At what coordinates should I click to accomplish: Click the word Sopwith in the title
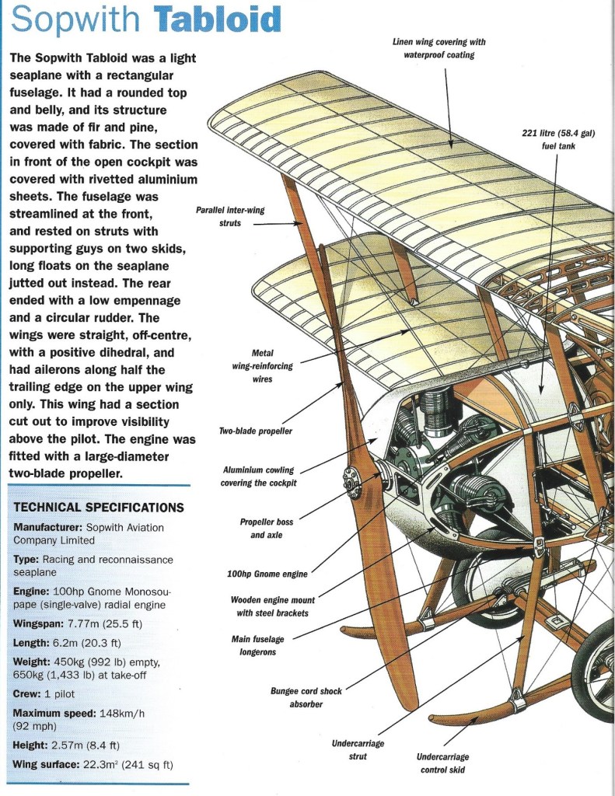pyautogui.click(x=79, y=21)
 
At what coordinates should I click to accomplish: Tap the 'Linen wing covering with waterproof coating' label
pyautogui.click(x=439, y=48)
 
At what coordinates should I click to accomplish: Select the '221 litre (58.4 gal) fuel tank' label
pyautogui.click(x=557, y=139)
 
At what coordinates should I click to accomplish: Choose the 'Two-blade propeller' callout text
pyautogui.click(x=255, y=431)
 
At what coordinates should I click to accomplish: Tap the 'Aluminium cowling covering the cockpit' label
pyautogui.click(x=260, y=477)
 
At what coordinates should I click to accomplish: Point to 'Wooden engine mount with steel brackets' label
pyautogui.click(x=270, y=606)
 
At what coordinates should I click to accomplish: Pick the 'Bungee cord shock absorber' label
pyautogui.click(x=306, y=696)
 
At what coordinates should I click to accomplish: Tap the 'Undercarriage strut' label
pyautogui.click(x=358, y=749)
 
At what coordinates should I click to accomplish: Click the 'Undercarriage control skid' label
pyautogui.click(x=442, y=763)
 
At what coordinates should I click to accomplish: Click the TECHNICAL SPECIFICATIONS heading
pyautogui.click(x=100, y=507)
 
